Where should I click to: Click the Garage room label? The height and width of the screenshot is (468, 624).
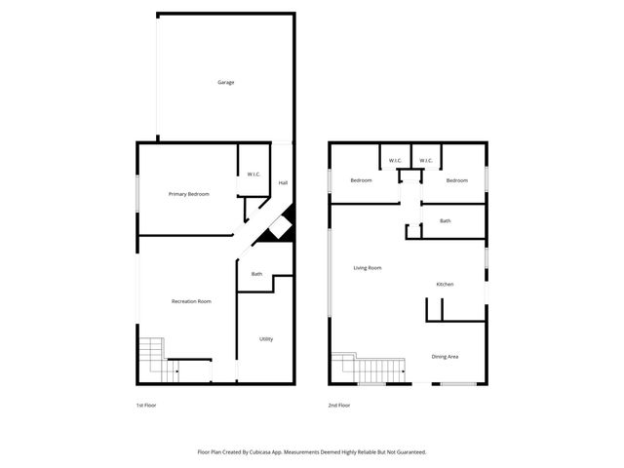click(225, 82)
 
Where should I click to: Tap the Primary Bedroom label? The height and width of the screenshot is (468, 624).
click(188, 194)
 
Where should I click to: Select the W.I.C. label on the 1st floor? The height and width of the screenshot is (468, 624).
click(253, 175)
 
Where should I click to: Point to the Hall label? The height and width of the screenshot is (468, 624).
click(283, 183)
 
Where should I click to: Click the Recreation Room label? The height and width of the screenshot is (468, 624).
click(191, 301)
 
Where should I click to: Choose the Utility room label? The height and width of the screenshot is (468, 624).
click(266, 339)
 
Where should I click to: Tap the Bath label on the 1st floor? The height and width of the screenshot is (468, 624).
click(256, 274)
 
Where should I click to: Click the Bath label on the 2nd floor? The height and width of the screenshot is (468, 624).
click(445, 221)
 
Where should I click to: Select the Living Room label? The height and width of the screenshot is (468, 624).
click(367, 267)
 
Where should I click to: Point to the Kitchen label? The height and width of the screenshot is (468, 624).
click(445, 284)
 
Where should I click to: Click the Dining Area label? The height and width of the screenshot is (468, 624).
click(445, 357)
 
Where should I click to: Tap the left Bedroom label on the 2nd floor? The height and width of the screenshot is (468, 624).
click(362, 180)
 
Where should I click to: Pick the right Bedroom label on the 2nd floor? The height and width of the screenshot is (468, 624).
click(457, 180)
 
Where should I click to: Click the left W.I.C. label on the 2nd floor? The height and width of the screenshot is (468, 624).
click(395, 160)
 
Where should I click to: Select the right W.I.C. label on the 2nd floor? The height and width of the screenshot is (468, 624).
click(426, 160)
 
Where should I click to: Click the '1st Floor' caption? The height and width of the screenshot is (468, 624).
click(146, 405)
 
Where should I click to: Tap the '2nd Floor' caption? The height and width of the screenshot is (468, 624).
click(339, 405)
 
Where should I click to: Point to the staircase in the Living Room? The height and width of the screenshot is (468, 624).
click(370, 369)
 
